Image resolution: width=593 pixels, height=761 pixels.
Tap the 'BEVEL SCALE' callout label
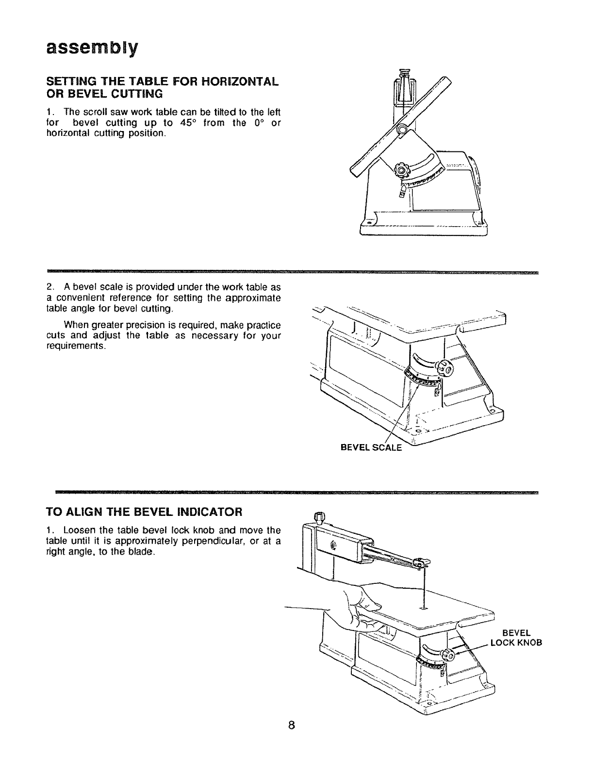click(372, 447)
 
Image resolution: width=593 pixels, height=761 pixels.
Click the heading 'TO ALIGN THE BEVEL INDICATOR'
click(144, 512)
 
